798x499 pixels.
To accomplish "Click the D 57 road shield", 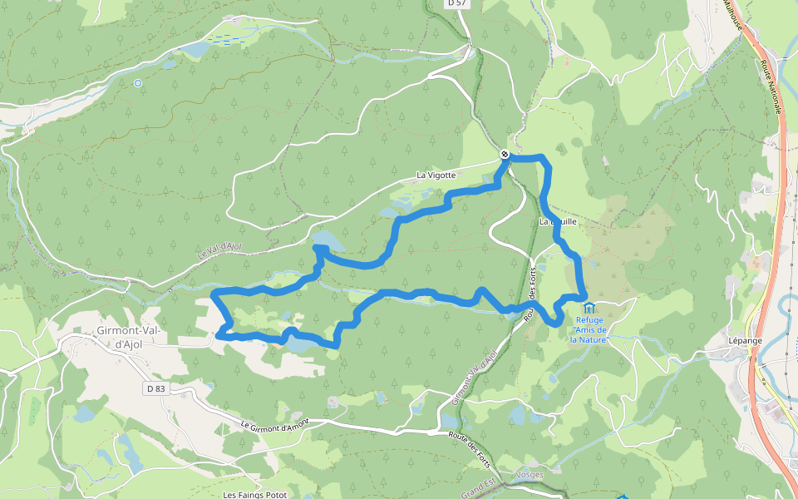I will point(456,3).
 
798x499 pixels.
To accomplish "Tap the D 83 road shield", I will point(155,388).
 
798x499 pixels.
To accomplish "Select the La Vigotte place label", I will point(436,175).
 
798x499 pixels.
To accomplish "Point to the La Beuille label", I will point(558,222).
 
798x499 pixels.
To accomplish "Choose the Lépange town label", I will point(722,341).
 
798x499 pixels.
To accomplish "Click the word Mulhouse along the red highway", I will point(732,16).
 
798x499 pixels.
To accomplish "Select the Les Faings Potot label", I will point(255,495).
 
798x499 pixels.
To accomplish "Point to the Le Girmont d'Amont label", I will point(275,423).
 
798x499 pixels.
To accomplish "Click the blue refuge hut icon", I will point(589,309).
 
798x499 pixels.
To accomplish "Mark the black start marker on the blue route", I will point(505,154).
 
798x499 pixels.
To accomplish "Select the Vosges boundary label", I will point(530,475).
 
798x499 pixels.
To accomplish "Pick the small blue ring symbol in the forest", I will point(138,83).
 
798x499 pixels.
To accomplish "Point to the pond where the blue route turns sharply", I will point(325,241).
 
